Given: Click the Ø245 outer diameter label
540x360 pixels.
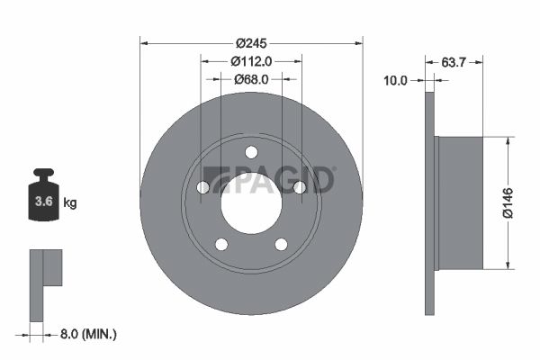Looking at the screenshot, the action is [251, 43].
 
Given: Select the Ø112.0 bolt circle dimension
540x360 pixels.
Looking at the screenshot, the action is [251, 62].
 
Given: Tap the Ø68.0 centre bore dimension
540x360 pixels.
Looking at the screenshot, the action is [251, 79].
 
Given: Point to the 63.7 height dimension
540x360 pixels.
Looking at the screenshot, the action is [454, 62].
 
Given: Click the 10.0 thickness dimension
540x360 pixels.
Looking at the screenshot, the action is [395, 81].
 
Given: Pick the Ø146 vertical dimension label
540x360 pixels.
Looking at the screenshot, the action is [508, 202].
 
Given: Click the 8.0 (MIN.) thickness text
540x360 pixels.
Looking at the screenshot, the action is [88, 334].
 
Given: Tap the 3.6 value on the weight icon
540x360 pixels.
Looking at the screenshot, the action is [44, 202].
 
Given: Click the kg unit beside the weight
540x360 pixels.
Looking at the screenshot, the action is [70, 202].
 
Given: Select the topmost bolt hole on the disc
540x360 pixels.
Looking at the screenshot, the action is [251, 152].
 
